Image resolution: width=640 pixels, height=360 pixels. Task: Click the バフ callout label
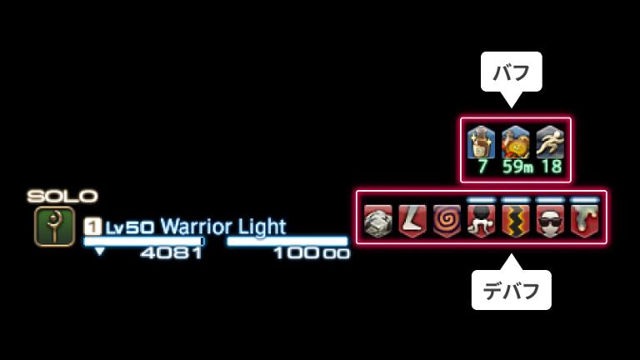[511, 72]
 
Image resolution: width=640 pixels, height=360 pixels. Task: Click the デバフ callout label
[511, 291]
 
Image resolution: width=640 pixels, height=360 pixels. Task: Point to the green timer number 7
[482, 167]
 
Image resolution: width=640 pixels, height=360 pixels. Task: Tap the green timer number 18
[550, 167]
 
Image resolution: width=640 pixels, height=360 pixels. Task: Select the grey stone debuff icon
[378, 222]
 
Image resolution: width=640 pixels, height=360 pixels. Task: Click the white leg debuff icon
[412, 222]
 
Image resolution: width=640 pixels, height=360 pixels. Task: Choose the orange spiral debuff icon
[447, 222]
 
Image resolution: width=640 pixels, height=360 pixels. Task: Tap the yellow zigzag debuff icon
[516, 222]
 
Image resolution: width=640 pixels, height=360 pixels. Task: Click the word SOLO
[62, 197]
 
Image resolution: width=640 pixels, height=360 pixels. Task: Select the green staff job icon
[54, 227]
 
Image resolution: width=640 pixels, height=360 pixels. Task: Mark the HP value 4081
[171, 252]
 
